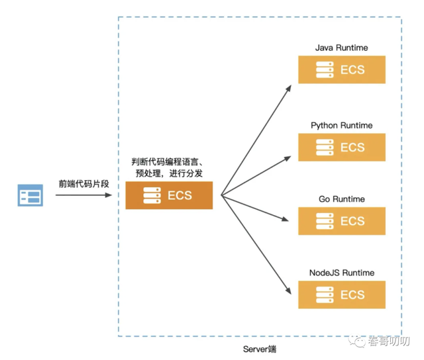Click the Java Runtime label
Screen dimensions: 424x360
[342, 48]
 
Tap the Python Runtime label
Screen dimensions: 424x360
[342, 126]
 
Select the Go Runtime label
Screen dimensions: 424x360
[342, 199]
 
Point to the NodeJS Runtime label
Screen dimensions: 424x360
[342, 273]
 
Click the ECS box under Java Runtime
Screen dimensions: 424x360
[342, 69]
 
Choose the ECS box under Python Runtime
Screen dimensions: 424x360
[342, 147]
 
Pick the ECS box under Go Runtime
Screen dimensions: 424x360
[342, 221]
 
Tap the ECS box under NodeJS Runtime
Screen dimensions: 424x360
[342, 294]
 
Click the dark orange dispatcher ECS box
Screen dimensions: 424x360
[169, 195]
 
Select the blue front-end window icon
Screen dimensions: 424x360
[30, 195]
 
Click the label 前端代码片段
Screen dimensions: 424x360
[84, 184]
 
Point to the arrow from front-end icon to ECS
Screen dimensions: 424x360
[83, 195]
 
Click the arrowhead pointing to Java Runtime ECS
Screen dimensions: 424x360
[289, 88]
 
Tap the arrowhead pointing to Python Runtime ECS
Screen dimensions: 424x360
[288, 159]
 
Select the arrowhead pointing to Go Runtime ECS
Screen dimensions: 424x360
[286, 219]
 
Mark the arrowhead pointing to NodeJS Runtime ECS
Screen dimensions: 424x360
[288, 291]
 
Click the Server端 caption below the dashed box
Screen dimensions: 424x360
[260, 349]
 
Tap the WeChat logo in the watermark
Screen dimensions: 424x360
[357, 341]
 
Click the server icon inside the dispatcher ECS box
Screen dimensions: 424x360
[152, 195]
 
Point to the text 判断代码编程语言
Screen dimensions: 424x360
[165, 161]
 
